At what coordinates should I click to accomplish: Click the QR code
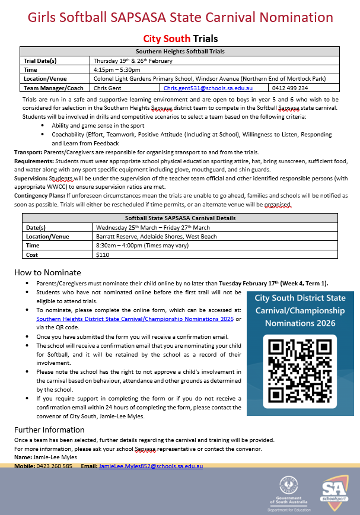pos(294,366)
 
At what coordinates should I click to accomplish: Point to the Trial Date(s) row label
pos(40,61)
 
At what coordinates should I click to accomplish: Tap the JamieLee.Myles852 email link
pos(151,466)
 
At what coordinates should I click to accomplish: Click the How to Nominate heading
pos(47,272)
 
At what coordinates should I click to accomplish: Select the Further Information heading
pos(49,430)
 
